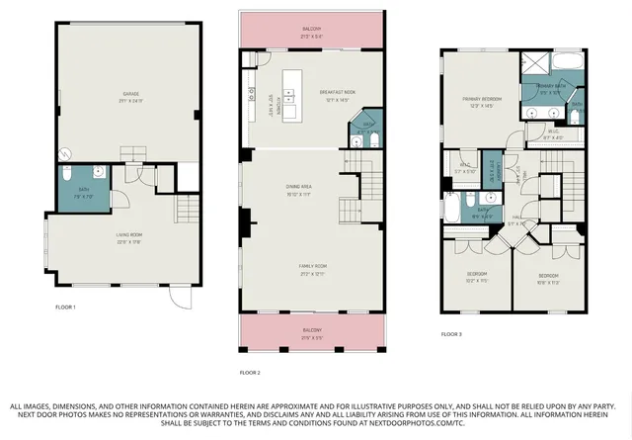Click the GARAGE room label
tap(123, 96)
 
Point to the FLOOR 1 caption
tap(66, 308)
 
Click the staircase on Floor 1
tap(185, 211)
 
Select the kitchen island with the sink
tap(291, 89)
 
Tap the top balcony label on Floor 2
tap(311, 32)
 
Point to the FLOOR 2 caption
tap(251, 373)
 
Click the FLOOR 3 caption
tap(451, 335)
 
